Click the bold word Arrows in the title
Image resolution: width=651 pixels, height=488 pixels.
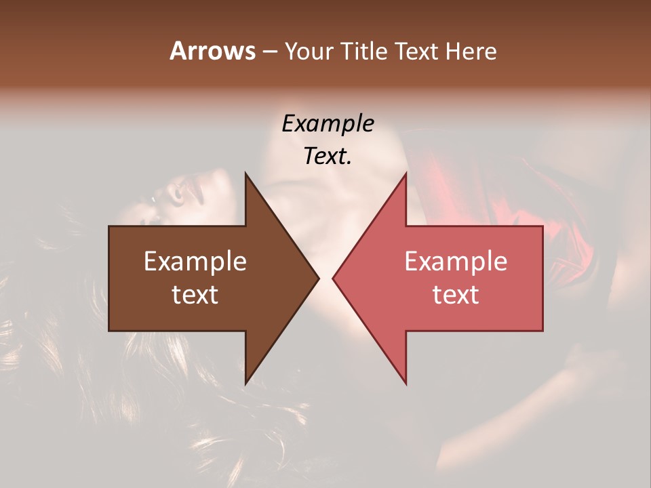tap(212, 51)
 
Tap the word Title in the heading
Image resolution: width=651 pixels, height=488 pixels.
tap(363, 51)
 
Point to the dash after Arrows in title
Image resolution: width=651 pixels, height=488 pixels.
tap(269, 52)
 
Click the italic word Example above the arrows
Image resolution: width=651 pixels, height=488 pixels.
tap(328, 124)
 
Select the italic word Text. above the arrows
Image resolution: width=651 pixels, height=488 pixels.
tap(328, 157)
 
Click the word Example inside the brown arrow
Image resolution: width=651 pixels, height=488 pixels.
tap(195, 261)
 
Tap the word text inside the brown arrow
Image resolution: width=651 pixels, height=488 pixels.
tap(195, 294)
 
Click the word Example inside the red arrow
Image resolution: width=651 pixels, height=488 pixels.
tap(456, 261)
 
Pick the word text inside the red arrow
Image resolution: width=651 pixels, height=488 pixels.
tap(456, 294)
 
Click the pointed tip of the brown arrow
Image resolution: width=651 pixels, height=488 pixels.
tap(318, 278)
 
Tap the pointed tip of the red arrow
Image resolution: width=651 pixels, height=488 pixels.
tap(333, 278)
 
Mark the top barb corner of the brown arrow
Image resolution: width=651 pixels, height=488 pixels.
tap(245, 174)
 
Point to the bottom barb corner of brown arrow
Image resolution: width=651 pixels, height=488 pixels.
tap(245, 383)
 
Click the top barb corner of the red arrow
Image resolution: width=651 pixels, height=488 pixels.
tap(406, 174)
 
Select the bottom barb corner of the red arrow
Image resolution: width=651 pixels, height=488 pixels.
tap(406, 383)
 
